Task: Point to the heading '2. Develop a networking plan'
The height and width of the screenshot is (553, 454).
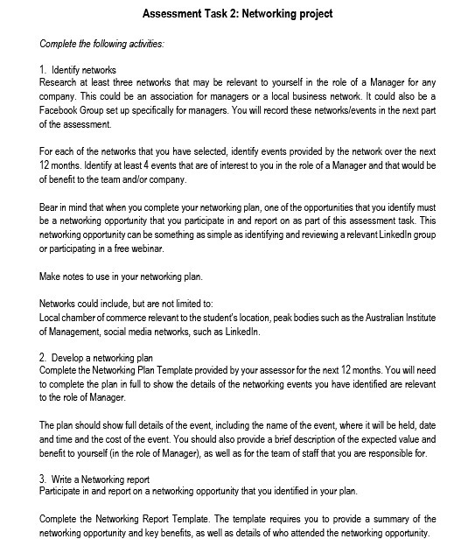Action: coord(96,358)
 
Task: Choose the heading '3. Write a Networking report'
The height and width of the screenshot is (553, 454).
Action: coord(95,479)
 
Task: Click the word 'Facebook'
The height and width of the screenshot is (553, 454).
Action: coord(60,110)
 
